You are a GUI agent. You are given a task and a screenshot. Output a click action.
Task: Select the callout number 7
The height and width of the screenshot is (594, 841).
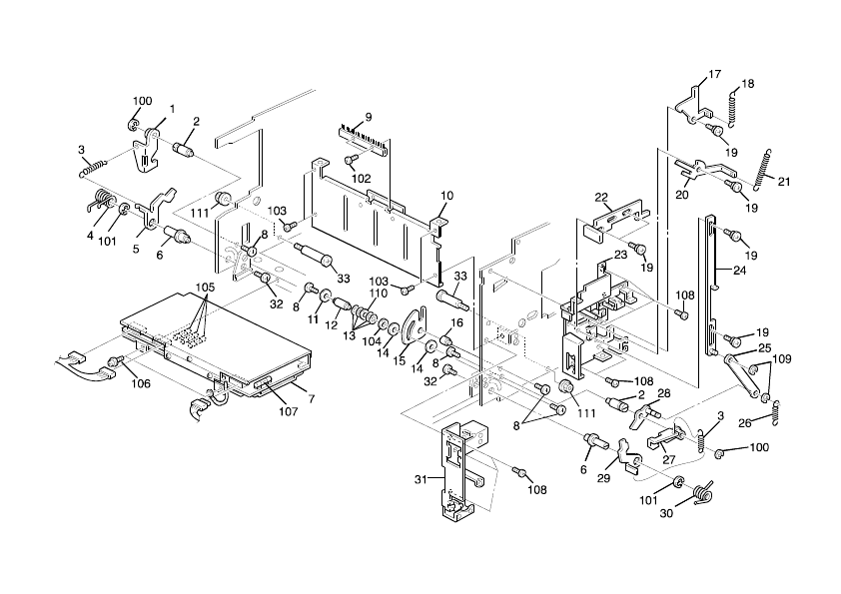click(312, 398)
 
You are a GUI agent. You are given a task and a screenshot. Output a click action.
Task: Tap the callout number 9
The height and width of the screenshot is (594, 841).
click(369, 117)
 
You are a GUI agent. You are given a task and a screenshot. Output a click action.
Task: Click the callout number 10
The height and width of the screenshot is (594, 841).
click(446, 196)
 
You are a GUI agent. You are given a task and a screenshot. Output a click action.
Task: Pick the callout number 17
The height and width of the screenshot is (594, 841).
click(714, 75)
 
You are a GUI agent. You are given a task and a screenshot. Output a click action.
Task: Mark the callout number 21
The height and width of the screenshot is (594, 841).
click(784, 182)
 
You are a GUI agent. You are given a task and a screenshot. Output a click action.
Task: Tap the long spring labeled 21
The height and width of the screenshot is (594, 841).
click(765, 170)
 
